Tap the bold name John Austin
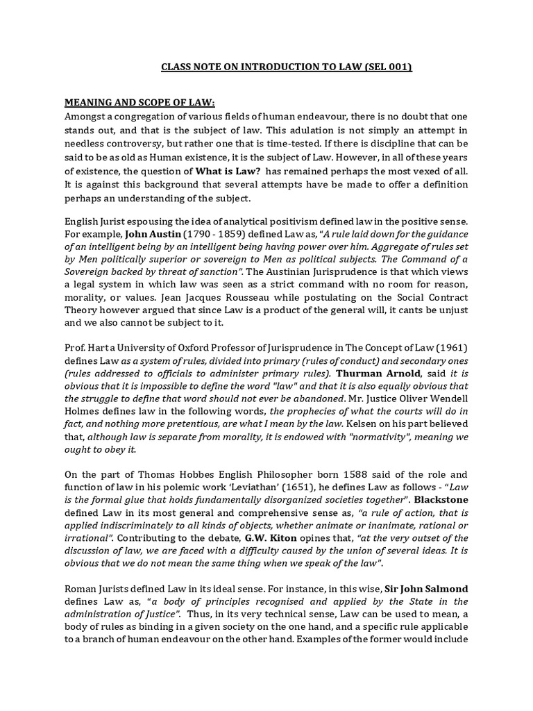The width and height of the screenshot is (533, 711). [148, 235]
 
